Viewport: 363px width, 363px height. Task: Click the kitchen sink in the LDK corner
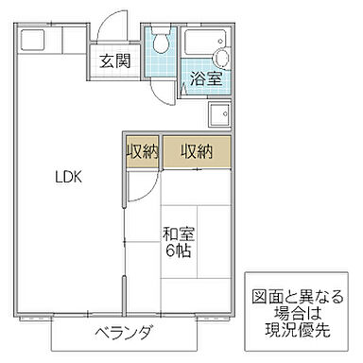coord(34,41)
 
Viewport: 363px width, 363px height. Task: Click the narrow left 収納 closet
coord(143,152)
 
